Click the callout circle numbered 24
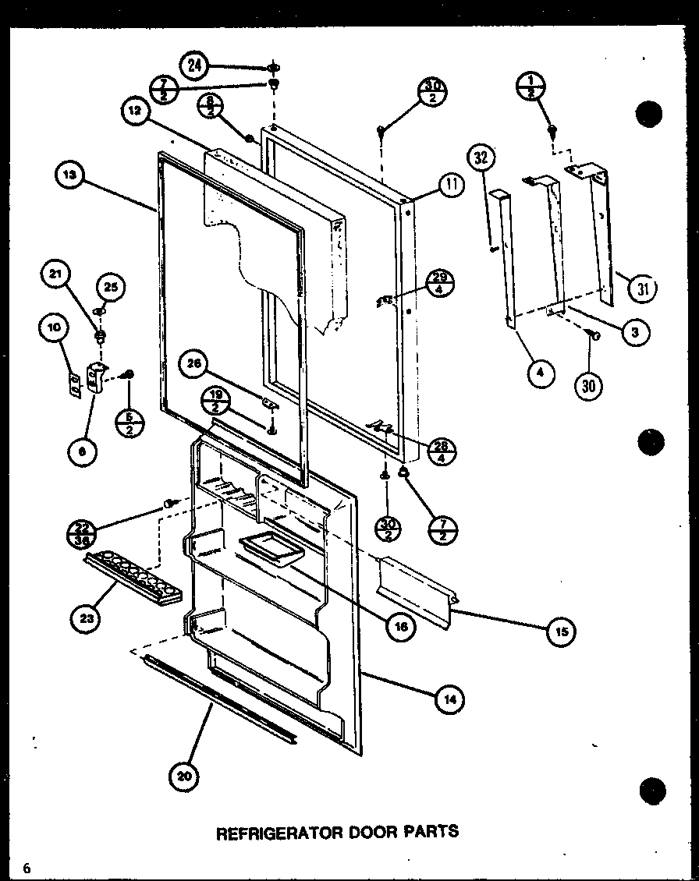(194, 65)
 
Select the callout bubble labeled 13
(70, 175)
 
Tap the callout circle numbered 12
(135, 111)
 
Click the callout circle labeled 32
(481, 159)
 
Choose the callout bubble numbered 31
(643, 288)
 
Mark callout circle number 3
(635, 333)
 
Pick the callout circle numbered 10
(52, 328)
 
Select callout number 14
(449, 699)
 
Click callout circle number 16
(401, 626)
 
